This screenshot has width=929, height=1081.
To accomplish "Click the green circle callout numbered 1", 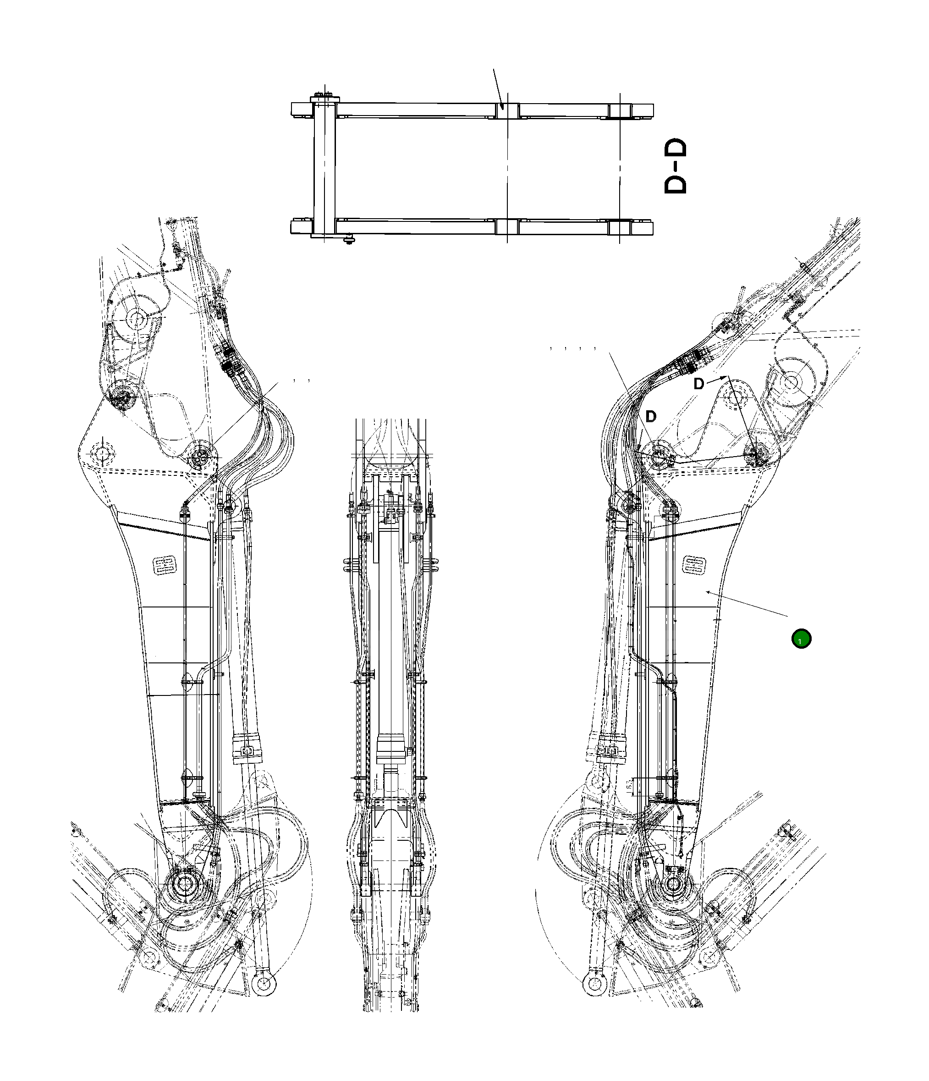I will click(801, 639).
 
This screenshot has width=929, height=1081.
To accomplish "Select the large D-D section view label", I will click(676, 166).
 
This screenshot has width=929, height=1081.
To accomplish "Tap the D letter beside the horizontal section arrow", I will click(698, 384).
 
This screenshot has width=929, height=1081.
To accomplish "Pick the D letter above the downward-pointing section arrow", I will click(650, 416).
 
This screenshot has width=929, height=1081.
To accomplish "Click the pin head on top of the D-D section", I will click(324, 97).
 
